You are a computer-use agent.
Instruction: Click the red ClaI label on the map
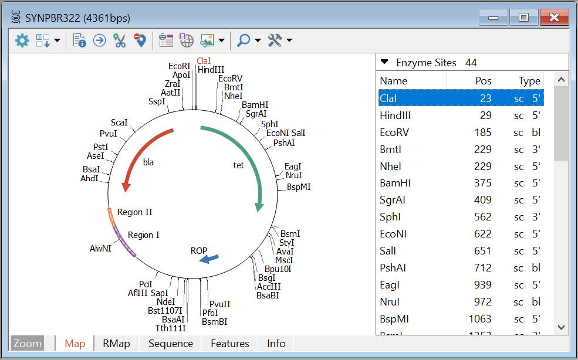[204, 61]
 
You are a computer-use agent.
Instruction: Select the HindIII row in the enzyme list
[461, 116]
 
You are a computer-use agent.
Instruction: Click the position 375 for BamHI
[482, 183]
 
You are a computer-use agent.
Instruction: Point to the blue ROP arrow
[209, 259]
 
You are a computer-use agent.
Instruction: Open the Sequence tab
[171, 344]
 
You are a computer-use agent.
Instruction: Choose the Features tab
[230, 344]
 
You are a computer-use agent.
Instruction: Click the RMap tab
[116, 344]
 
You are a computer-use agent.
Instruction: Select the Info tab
[276, 344]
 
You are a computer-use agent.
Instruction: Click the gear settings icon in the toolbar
[22, 40]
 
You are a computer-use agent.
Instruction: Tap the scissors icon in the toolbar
[120, 40]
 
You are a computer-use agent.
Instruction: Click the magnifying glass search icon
[244, 40]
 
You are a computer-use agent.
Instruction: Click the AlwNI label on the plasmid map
[100, 249]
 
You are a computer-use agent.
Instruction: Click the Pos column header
[483, 81]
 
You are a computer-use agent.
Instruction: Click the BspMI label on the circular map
[299, 187]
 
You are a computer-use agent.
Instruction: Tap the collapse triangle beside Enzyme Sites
[384, 62]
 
